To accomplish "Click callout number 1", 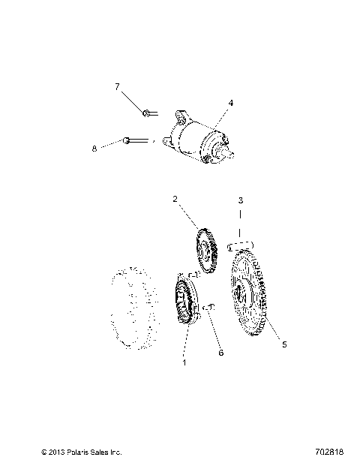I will tap(184, 361).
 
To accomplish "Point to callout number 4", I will tap(231, 102).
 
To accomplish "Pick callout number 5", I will tap(283, 344).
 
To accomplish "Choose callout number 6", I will tap(220, 351).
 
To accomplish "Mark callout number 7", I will tap(117, 87).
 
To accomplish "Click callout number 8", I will tap(94, 149).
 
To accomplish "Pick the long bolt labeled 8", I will tap(135, 140).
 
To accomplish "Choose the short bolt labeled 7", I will tap(148, 113).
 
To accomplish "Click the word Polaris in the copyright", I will tap(75, 452).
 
